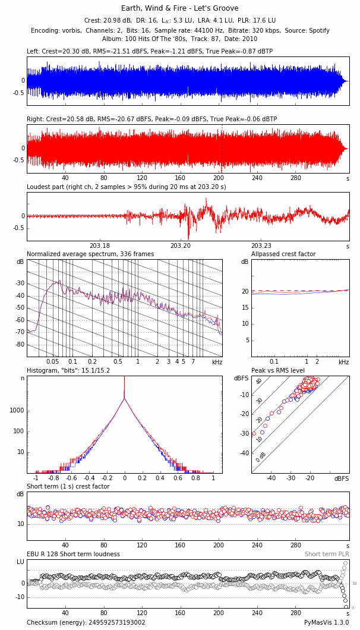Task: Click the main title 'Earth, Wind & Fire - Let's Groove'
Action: [179, 8]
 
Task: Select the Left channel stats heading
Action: [149, 52]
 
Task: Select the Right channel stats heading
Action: [151, 119]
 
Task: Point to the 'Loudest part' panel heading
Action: [126, 187]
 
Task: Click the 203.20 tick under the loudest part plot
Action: [181, 246]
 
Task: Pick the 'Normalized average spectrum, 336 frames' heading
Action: [90, 254]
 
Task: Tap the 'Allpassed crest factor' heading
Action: [283, 254]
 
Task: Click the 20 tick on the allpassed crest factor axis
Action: [244, 291]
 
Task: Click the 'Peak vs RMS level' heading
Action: [278, 371]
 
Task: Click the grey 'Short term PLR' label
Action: [327, 555]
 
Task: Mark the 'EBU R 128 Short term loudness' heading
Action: [73, 555]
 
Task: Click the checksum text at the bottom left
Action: [86, 623]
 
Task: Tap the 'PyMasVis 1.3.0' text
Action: [327, 623]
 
